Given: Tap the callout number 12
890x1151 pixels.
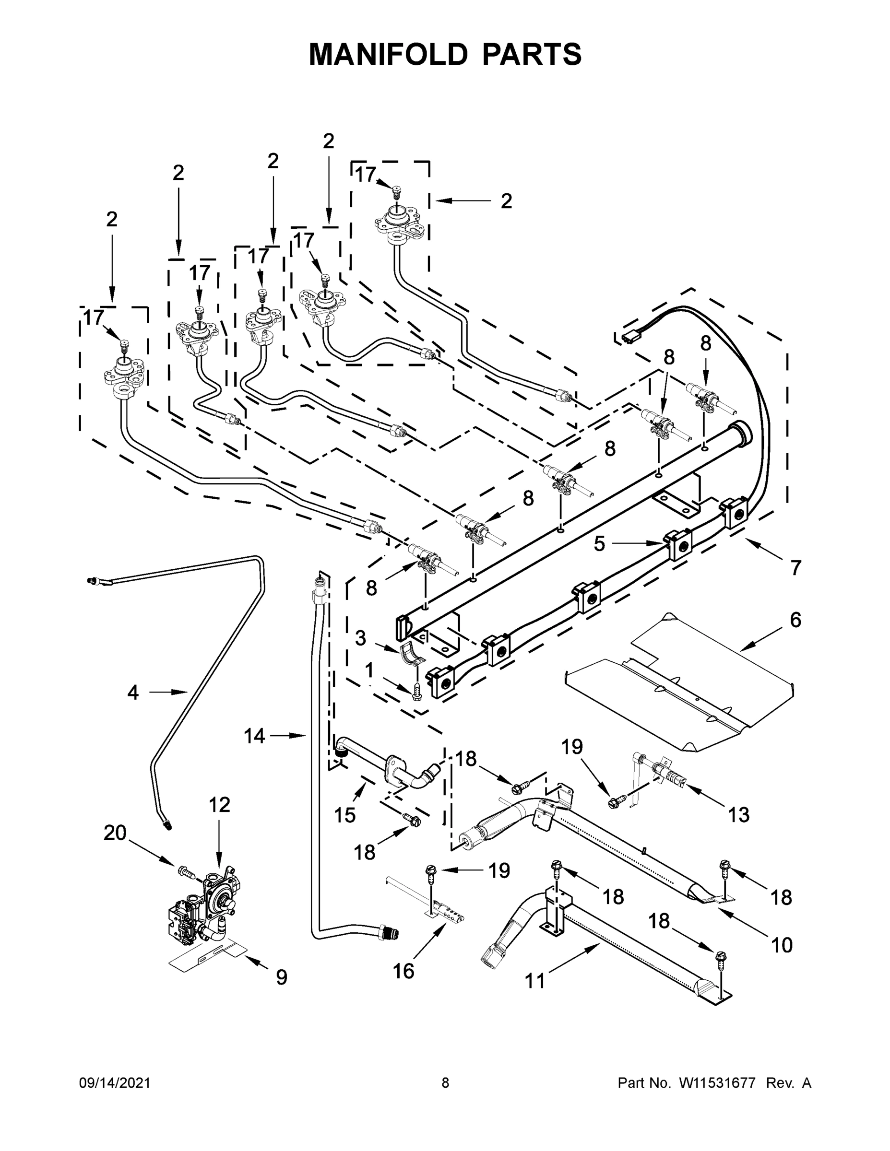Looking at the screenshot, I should click(x=219, y=805).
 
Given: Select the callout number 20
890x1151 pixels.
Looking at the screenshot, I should click(x=115, y=833).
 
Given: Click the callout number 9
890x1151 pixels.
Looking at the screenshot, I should click(x=282, y=977).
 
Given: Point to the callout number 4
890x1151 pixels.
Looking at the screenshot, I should click(x=133, y=693).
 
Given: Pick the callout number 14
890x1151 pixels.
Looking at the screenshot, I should click(x=254, y=736).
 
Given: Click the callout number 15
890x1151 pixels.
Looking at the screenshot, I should click(x=345, y=815).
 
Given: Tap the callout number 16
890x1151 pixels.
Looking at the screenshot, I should click(x=404, y=971).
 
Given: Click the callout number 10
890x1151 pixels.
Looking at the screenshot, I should click(x=782, y=945).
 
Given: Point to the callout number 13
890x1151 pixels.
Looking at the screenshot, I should click(x=739, y=815).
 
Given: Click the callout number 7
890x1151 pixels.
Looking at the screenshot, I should click(x=795, y=568).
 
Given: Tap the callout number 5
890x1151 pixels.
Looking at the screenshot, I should click(x=599, y=544).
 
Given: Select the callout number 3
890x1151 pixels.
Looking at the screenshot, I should click(x=360, y=638).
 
